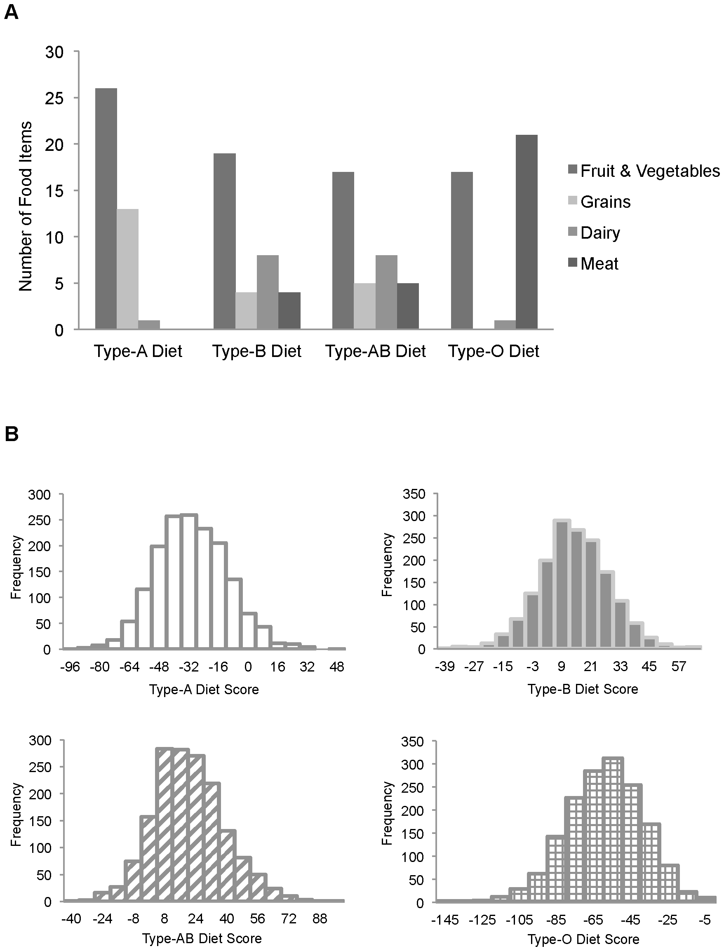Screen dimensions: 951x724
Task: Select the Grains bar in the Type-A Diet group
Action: [x=127, y=269]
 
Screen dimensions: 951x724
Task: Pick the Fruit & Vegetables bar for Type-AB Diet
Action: [x=343, y=250]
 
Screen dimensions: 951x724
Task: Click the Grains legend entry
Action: [x=605, y=202]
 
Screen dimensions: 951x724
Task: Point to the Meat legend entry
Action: [x=599, y=264]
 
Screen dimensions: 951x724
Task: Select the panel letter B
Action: [x=11, y=434]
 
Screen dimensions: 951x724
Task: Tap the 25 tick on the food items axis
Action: [x=54, y=98]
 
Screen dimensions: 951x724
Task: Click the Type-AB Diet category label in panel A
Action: [x=375, y=351]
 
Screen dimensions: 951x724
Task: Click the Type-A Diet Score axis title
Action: [x=204, y=689]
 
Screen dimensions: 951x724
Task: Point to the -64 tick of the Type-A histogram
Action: [x=129, y=667]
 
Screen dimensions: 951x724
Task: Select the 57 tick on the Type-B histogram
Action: [x=678, y=667]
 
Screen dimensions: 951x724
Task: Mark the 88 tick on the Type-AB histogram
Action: [x=320, y=919]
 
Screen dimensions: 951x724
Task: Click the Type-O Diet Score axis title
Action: [x=583, y=939]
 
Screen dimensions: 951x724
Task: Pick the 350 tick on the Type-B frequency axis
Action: [x=414, y=494]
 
